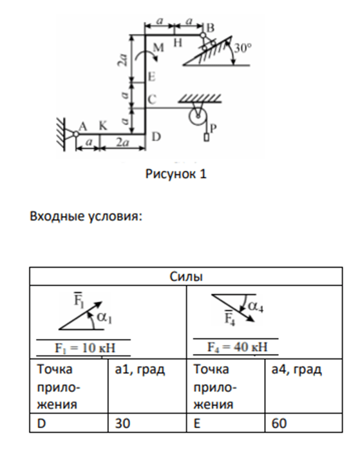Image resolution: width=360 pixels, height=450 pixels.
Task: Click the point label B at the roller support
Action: pos(211,28)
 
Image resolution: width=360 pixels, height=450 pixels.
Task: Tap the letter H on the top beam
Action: pos(178,43)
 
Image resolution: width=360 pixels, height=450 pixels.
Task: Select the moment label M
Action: pos(158,47)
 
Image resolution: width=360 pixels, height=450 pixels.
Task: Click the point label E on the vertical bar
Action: pos(152,77)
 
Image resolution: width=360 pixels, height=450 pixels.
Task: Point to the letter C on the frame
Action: pos(152,99)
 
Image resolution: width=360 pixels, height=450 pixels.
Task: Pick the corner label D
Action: pos(156,137)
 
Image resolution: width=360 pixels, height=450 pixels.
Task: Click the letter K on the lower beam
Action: pos(103,126)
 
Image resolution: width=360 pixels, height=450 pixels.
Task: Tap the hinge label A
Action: pos(83,126)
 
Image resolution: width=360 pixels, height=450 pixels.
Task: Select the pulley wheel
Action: pos(198,117)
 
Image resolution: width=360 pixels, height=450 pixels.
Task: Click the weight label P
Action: pos(213,128)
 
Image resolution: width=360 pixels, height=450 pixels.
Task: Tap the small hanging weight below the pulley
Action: pos(206,137)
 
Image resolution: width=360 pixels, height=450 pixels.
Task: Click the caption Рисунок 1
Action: pos(176,174)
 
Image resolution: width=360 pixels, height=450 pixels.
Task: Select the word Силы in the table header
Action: pos(186,277)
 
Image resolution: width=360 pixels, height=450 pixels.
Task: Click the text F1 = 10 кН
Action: pos(85,348)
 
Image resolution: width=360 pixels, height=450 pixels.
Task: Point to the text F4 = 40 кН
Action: pos(238,347)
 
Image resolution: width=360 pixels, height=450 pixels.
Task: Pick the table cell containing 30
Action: pos(147,423)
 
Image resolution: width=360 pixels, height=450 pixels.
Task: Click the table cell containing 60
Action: pos(303,423)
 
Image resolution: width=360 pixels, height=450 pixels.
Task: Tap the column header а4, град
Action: pos(297,369)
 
